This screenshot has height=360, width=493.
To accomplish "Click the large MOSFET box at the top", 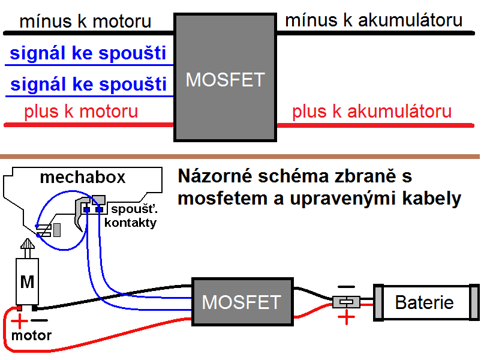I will [x=225, y=78].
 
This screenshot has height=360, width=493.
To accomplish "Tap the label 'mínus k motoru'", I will [x=85, y=22].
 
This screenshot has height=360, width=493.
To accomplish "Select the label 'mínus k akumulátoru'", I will [x=374, y=20].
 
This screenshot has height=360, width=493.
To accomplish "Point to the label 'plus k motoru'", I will [x=81, y=112].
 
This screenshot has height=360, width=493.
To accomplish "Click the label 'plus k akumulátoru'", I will [x=372, y=112].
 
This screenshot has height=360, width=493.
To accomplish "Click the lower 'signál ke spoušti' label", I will [x=88, y=83].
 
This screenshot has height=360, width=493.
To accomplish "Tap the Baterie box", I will [x=425, y=301].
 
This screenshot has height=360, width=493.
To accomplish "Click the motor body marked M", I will [x=28, y=281].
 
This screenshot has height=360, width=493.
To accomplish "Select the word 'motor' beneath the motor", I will [x=31, y=335].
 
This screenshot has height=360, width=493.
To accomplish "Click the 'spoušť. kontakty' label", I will [x=130, y=216].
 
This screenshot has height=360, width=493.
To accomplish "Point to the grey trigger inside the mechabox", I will [x=80, y=213].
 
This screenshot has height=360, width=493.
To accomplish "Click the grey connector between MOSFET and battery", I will [x=345, y=302].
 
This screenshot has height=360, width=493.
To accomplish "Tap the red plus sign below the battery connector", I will [x=346, y=317].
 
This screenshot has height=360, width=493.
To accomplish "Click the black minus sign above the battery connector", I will [x=346, y=287].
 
